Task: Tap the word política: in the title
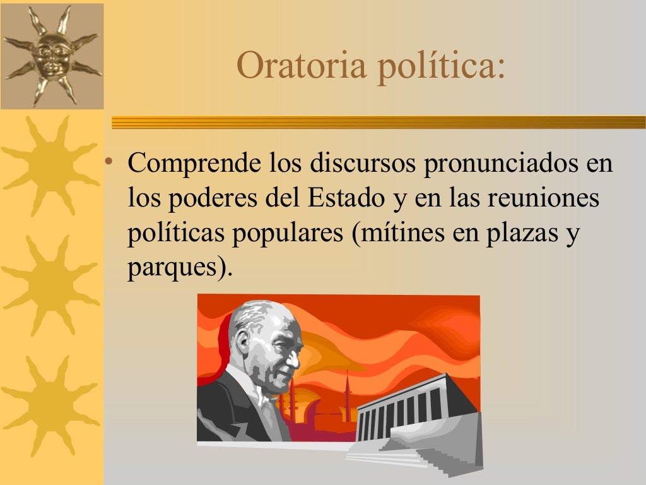point(441,66)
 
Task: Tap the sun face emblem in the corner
point(52,55)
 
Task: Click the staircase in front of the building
point(416,458)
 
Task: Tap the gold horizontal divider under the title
point(379,122)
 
